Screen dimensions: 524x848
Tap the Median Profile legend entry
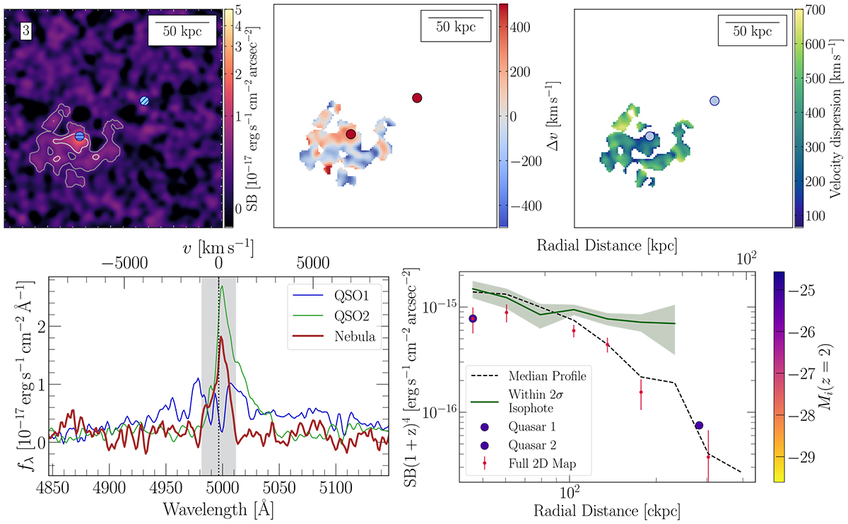pyautogui.click(x=539, y=373)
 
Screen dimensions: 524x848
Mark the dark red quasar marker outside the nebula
pyautogui.click(x=417, y=98)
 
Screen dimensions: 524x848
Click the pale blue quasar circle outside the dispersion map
pyautogui.click(x=714, y=102)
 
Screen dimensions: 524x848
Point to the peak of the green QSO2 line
pyautogui.click(x=223, y=286)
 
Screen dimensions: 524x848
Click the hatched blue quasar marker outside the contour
pyautogui.click(x=144, y=100)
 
